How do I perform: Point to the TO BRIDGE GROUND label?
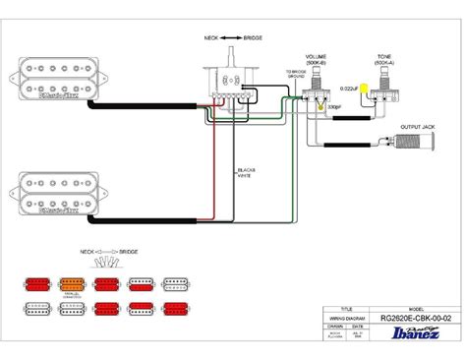295,77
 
